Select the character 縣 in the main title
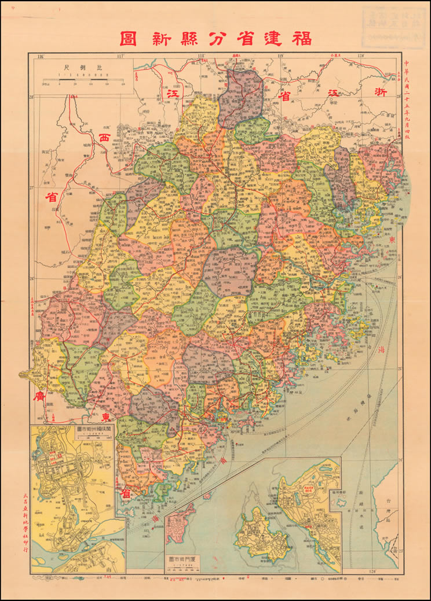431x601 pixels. [x=198, y=38]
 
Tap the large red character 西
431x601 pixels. [x=105, y=139]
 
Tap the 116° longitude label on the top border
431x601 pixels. [x=41, y=56]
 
